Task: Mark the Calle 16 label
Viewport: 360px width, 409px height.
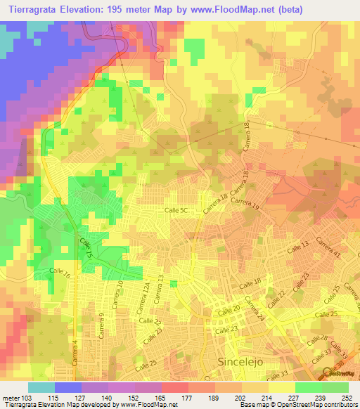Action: click(60, 271)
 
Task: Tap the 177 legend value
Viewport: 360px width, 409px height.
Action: click(188, 398)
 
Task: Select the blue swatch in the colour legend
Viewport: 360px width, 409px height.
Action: click(68, 387)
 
